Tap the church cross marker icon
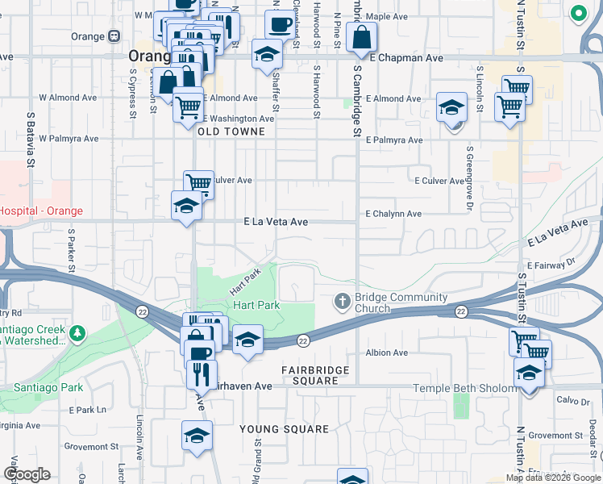coord(342,302)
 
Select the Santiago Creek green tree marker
coord(77,333)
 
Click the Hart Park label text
coord(256,305)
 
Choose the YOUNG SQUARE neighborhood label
coord(285,429)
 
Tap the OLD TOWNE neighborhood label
coord(231,131)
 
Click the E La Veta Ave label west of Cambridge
coord(277,221)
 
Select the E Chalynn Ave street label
coord(393,214)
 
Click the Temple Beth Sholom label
coord(464,388)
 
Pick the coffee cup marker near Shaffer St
coord(280,24)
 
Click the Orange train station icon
coord(114,36)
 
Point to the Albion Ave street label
coord(386,353)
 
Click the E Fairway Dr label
coord(552,264)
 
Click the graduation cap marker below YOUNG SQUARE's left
coord(196,436)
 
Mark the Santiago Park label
coord(48,387)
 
